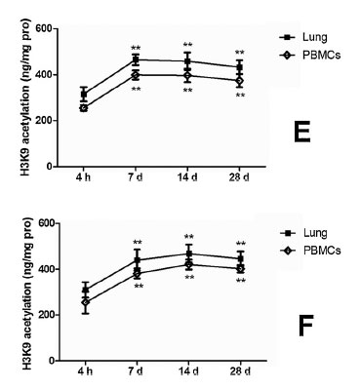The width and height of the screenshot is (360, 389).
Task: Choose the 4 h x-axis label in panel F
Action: (x=85, y=372)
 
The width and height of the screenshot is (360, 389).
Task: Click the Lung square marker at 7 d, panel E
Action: (x=137, y=60)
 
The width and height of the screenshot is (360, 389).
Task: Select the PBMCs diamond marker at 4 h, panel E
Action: (x=85, y=108)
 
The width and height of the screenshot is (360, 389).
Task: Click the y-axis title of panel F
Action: (x=19, y=291)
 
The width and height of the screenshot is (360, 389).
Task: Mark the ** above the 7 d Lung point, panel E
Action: (x=137, y=47)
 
